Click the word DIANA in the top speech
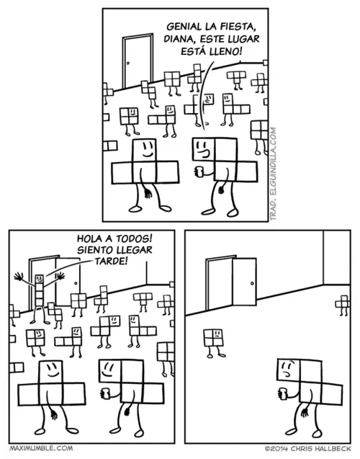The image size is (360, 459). [176, 39]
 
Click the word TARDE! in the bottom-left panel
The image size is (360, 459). [112, 261]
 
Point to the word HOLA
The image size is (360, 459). [89, 239]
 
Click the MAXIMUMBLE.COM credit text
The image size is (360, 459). [41, 448]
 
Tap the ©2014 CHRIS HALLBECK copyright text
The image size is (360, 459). [307, 448]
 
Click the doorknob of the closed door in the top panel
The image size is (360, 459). [128, 63]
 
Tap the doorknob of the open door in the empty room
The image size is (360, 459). [252, 283]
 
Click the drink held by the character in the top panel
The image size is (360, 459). [199, 171]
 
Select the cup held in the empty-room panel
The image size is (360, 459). [283, 393]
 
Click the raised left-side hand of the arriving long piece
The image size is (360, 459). [19, 277]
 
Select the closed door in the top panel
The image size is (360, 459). [138, 61]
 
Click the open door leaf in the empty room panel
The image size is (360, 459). [245, 282]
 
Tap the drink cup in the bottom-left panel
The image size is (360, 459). [105, 393]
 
